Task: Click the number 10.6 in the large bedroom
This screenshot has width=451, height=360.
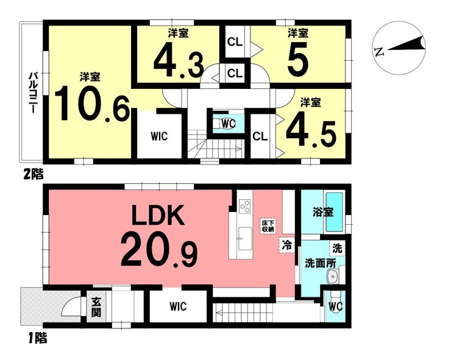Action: pos(92,104)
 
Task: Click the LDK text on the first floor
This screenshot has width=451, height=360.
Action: pos(158,215)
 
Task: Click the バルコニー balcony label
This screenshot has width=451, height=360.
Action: pos(32,93)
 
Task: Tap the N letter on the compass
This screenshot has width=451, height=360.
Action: pos(380,52)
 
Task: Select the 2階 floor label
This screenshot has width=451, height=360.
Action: pos(33,175)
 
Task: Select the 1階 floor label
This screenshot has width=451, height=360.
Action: pos(37,338)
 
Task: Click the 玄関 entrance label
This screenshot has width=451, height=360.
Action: pos(96,307)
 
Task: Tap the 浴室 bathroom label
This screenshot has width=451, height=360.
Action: pos(323,212)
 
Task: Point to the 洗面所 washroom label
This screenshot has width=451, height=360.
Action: pos(320,263)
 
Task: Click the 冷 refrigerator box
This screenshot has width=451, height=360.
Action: pos(286,245)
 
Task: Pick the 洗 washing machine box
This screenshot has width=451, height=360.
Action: pos(337,248)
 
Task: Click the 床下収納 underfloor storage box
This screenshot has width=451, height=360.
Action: pos(268,226)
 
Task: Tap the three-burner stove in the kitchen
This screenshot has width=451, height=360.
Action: pos(244,206)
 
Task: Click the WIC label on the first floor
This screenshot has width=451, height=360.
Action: pos(178,306)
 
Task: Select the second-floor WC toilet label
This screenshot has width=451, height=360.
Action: pos(229,124)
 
